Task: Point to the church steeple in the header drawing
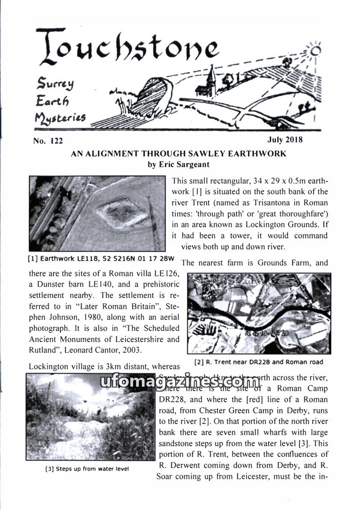tap(210, 79)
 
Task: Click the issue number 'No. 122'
tap(48, 141)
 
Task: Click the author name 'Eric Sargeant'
tap(185, 164)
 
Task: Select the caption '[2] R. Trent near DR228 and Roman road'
tap(258, 362)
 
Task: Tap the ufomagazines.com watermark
tap(180, 382)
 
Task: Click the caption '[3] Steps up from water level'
tap(87, 469)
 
